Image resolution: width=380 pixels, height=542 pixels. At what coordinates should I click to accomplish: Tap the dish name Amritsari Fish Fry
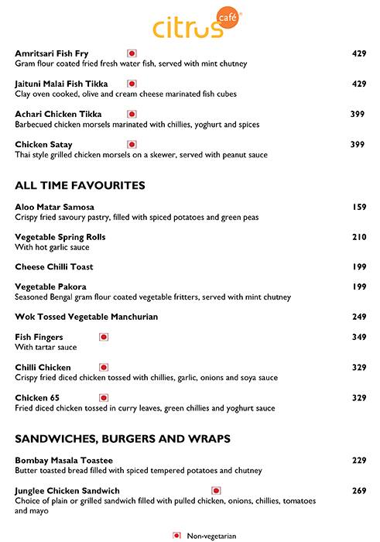[52, 53]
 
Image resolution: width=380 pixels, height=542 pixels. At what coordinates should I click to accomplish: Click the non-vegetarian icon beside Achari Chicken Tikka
[132, 114]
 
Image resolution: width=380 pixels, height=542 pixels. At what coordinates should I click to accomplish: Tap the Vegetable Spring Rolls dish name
[60, 237]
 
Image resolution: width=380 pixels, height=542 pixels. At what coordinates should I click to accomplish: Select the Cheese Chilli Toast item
[54, 267]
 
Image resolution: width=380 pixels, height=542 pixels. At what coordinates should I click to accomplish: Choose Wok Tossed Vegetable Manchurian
[86, 317]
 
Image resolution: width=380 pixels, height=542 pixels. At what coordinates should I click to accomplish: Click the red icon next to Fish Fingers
[104, 338]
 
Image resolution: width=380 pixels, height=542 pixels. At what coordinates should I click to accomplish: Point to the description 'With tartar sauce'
[46, 348]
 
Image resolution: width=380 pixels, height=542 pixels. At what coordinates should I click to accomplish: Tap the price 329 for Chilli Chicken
[358, 368]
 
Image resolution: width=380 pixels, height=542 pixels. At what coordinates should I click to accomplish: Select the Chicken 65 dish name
[37, 398]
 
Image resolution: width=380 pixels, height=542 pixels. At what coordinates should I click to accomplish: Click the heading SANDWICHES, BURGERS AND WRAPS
[122, 439]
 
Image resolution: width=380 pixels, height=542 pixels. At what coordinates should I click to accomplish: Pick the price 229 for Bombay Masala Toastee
[358, 461]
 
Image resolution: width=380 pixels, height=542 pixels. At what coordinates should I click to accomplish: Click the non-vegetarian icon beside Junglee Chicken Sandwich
[216, 490]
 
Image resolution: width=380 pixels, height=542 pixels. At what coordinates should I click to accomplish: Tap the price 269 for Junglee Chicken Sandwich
[358, 490]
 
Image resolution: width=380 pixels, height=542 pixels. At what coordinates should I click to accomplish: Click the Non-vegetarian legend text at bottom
[211, 535]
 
